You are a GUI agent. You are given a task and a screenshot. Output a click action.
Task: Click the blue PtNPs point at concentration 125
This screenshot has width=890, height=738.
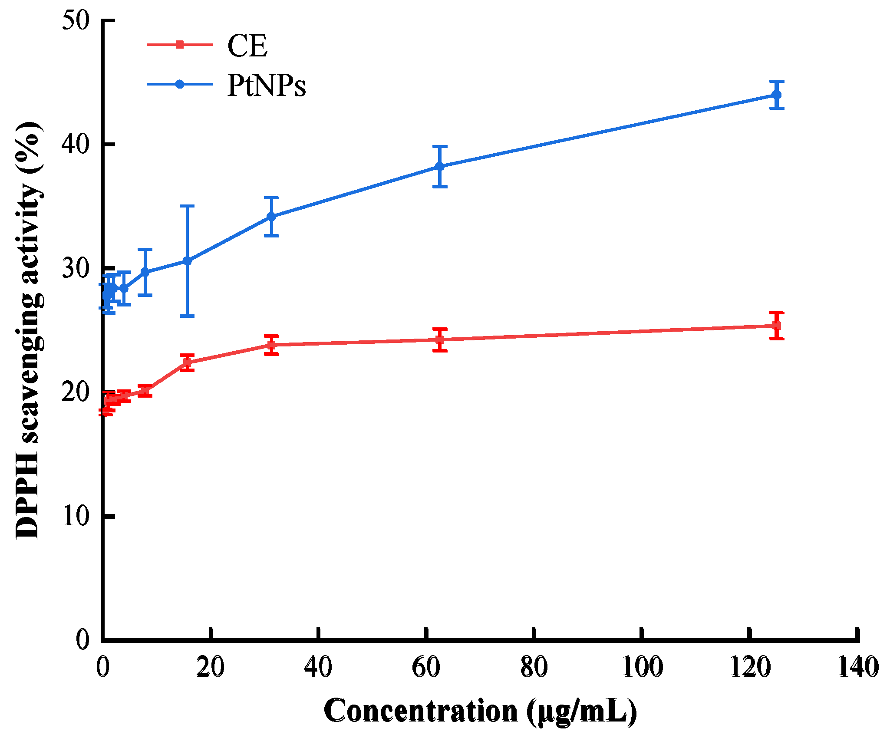click(x=777, y=95)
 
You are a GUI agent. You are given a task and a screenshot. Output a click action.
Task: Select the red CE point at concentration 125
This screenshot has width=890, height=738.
click(x=777, y=325)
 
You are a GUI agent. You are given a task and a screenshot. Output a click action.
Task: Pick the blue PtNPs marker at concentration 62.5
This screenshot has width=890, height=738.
click(x=440, y=166)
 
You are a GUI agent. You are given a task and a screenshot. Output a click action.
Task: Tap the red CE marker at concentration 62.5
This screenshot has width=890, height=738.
click(x=440, y=339)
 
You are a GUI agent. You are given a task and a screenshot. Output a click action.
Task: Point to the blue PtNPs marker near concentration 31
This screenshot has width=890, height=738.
click(x=271, y=216)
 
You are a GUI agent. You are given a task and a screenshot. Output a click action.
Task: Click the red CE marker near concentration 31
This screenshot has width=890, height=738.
click(x=271, y=345)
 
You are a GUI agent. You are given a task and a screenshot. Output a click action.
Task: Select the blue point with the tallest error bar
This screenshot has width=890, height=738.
click(x=187, y=261)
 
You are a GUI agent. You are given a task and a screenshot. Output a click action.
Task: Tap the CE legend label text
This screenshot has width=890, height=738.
click(x=247, y=46)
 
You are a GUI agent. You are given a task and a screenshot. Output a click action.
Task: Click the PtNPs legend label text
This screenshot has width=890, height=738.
click(x=267, y=86)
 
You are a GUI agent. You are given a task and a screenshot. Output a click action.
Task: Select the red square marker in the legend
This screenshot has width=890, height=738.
click(x=179, y=44)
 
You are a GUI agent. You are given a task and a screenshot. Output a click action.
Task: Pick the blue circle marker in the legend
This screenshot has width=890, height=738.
click(x=179, y=84)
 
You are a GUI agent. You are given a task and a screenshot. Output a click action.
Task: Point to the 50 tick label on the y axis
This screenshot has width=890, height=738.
click(x=76, y=21)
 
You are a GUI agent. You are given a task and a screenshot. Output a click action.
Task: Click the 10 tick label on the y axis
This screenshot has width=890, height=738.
click(x=76, y=517)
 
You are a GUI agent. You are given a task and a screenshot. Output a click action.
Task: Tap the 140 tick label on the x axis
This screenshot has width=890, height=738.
click(x=858, y=667)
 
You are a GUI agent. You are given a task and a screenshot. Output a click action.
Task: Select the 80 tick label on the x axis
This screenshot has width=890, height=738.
click(x=534, y=667)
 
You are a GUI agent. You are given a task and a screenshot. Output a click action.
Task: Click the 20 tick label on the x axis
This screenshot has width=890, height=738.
click(x=210, y=667)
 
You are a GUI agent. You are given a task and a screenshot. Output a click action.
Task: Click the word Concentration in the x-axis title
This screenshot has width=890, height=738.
click(x=420, y=710)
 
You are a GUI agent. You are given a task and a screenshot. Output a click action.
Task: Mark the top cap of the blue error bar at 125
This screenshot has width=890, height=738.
click(x=777, y=81)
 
